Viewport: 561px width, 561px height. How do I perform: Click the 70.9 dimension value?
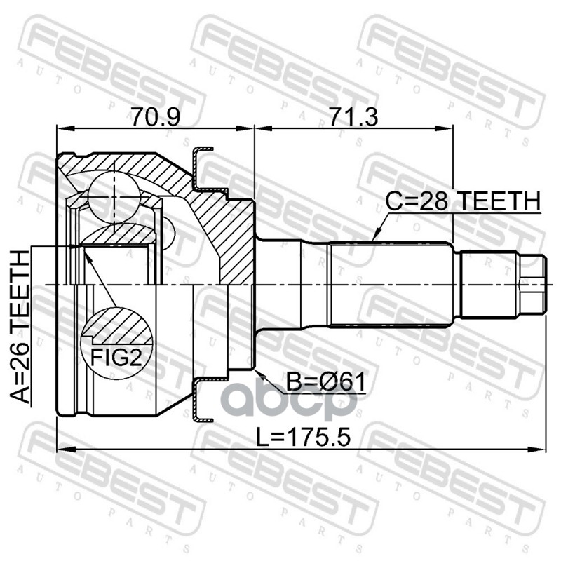coord(155,116)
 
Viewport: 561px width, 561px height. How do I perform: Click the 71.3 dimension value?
coord(353,116)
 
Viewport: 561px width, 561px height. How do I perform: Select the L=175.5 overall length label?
coord(303,437)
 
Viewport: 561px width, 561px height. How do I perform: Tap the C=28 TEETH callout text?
coord(464,201)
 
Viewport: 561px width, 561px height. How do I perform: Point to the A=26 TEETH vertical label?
coord(20,327)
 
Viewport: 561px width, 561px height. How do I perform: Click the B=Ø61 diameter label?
coord(326,381)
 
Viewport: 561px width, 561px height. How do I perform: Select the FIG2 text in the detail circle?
coord(116,357)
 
